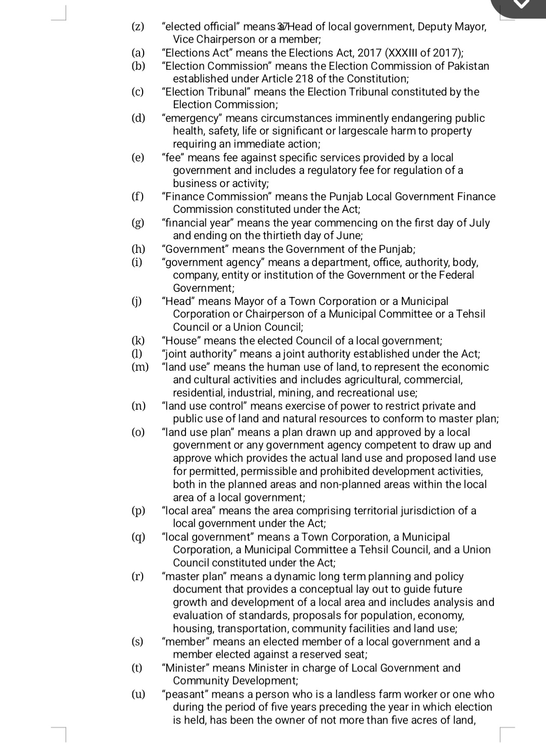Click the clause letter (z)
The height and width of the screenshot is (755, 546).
pos(138,27)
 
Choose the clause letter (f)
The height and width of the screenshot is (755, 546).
pos(138,197)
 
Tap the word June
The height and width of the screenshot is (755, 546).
pos(350,236)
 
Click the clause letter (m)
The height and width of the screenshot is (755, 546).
pos(140,367)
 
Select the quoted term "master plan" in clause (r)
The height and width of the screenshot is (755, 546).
pos(195,576)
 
